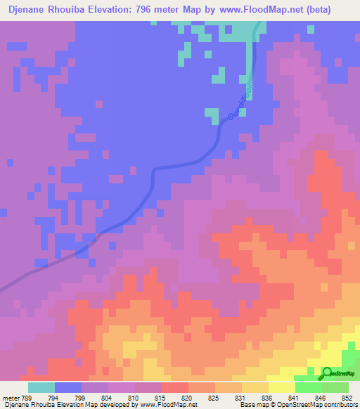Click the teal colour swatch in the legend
point(41,387)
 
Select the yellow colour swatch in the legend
point(281,387)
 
